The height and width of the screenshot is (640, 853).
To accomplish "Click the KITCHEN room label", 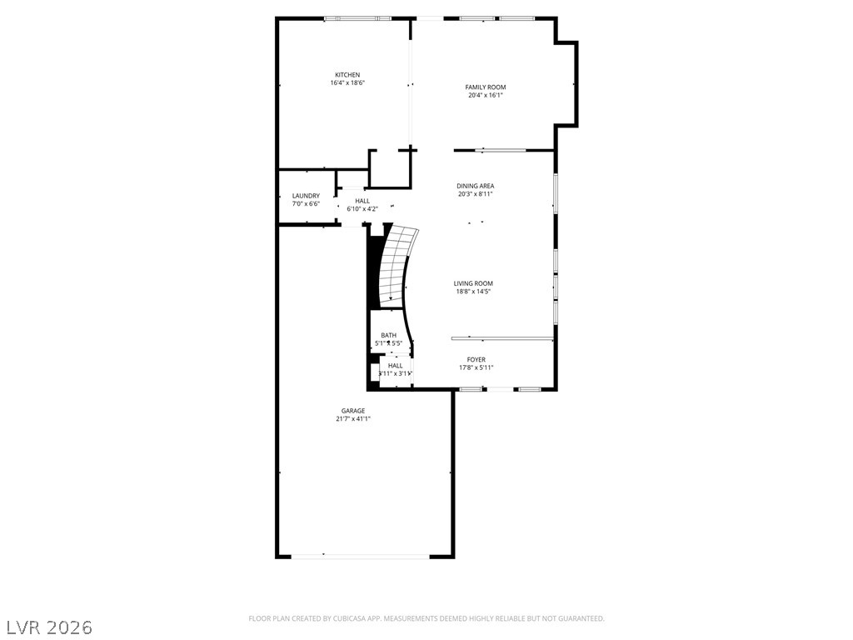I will [x=347, y=75].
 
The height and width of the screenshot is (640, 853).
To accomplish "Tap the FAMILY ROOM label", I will [x=485, y=87].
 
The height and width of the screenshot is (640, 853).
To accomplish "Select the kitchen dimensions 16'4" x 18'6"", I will [x=347, y=83].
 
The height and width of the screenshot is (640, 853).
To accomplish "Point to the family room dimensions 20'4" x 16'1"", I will [x=485, y=96].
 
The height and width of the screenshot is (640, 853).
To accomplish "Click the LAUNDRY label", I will [x=306, y=196].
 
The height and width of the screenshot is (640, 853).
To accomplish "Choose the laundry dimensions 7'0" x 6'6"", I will [x=306, y=204].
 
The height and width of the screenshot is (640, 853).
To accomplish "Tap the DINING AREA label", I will [x=475, y=186].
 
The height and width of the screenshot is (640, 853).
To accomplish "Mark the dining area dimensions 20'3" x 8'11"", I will [x=475, y=194].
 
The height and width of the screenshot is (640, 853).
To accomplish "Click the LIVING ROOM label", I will [x=473, y=283].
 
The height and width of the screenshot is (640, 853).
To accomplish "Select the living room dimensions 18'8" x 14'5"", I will [x=473, y=292].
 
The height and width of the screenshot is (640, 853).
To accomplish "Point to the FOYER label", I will [x=476, y=360].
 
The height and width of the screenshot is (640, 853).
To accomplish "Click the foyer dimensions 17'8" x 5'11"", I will [x=476, y=368].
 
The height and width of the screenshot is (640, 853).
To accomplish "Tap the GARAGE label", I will [x=352, y=411].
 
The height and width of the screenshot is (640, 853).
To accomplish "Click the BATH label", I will [x=388, y=335].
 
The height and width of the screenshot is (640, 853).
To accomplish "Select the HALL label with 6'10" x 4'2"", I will [x=362, y=201].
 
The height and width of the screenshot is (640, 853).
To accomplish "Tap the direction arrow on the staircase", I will [x=390, y=297].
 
